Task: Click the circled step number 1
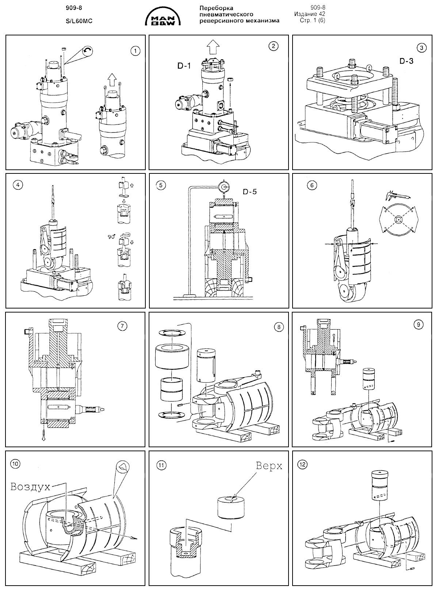[x=135, y=51]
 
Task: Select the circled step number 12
[x=303, y=465]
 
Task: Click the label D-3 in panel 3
[x=406, y=61]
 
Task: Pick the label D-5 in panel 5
[x=249, y=191]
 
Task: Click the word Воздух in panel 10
[x=30, y=486]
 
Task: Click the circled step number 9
[x=419, y=324]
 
